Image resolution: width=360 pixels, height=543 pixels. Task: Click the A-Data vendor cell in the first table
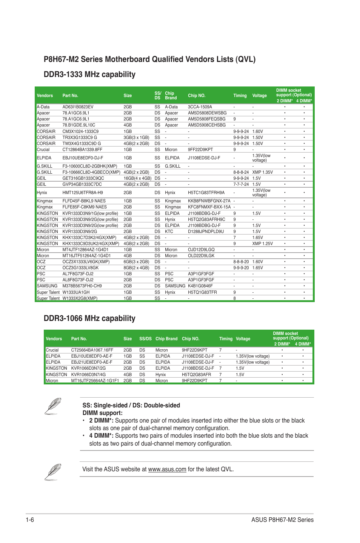(43, 107)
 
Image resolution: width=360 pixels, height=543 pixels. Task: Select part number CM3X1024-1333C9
(80, 131)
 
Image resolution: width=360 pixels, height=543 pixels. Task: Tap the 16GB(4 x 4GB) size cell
(137, 178)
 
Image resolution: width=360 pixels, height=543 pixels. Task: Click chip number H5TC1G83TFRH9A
(206, 193)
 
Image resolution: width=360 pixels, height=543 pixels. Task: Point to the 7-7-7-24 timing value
(241, 184)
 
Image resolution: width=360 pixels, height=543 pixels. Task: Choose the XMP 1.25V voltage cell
(262, 244)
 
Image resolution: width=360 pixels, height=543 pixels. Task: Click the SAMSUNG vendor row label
(47, 286)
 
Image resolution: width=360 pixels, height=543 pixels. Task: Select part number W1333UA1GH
(76, 292)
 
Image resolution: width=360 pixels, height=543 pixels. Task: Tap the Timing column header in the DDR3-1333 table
(240, 96)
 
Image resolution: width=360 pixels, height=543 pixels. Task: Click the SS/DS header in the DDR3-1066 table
(145, 339)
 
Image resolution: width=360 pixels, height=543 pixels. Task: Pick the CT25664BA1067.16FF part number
(92, 350)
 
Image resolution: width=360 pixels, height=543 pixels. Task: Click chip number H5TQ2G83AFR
(196, 375)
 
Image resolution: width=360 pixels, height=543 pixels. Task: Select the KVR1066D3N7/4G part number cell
(88, 375)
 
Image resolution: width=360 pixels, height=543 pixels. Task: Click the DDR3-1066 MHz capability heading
(89, 318)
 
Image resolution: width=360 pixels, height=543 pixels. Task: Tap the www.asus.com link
(167, 469)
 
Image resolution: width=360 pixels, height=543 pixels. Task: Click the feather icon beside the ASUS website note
(52, 472)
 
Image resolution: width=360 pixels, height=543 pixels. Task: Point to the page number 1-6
(30, 520)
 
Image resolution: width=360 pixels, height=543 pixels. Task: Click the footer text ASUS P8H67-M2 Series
(282, 520)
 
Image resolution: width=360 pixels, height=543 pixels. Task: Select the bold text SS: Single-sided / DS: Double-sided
(131, 405)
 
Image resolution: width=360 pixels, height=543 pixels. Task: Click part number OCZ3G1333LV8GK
(80, 268)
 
